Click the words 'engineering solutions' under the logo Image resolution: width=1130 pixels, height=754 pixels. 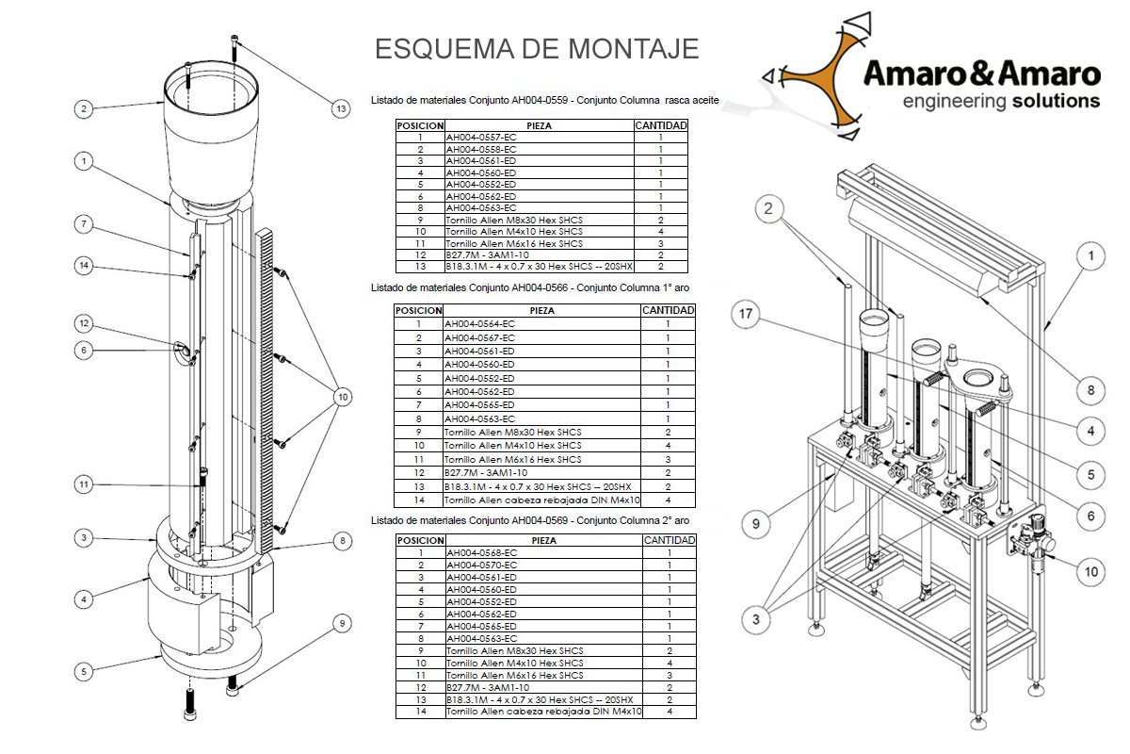click(x=1000, y=101)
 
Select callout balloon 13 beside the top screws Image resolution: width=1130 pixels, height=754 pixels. click(x=341, y=108)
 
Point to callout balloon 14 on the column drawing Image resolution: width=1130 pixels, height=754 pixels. click(x=84, y=266)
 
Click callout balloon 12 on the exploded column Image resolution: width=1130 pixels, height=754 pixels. click(x=84, y=323)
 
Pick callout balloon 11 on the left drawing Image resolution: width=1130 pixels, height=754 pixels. click(x=84, y=484)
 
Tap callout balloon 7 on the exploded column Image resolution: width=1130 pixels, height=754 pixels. click(x=84, y=223)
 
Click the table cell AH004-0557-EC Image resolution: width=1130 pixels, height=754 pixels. click(x=480, y=138)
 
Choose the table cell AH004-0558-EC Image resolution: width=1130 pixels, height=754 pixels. click(x=480, y=149)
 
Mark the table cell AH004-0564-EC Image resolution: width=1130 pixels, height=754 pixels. click(x=479, y=324)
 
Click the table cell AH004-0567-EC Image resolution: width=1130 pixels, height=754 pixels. click(x=479, y=337)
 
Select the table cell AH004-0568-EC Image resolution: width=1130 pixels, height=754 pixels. click(x=480, y=552)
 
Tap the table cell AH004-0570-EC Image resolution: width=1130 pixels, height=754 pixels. click(x=480, y=565)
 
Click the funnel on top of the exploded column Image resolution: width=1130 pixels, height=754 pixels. click(x=210, y=132)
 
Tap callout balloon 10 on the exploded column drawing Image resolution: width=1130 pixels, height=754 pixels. click(x=341, y=397)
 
